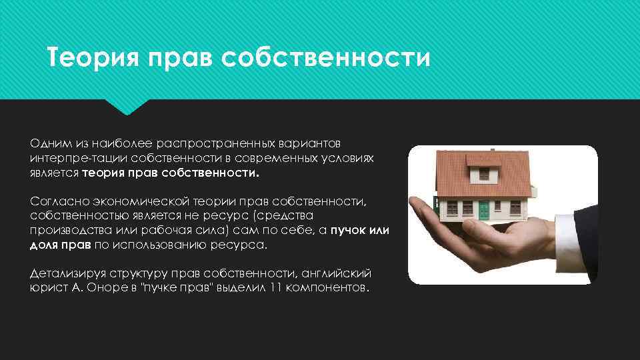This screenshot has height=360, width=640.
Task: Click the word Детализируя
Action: click(68, 274)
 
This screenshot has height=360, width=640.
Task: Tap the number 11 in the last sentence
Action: click(281, 289)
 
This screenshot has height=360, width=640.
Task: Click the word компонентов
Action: click(329, 289)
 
